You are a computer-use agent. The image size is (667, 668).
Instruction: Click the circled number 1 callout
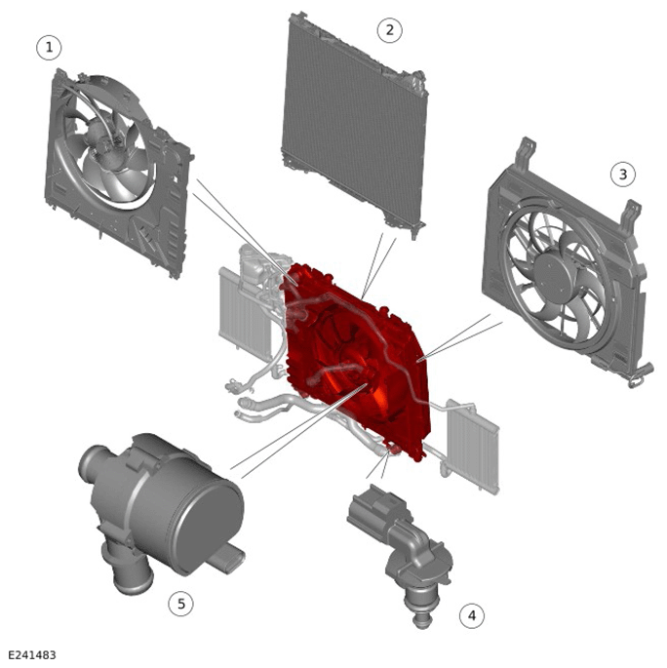[49, 47]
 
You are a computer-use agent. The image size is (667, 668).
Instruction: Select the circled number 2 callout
[390, 30]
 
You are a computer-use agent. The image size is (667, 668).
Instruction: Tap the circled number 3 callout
[623, 175]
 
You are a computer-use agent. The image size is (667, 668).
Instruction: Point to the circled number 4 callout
[472, 615]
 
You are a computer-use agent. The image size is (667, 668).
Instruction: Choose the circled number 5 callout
[181, 604]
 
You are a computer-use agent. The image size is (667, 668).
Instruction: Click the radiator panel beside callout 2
[354, 124]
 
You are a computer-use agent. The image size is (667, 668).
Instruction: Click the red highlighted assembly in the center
[356, 362]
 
